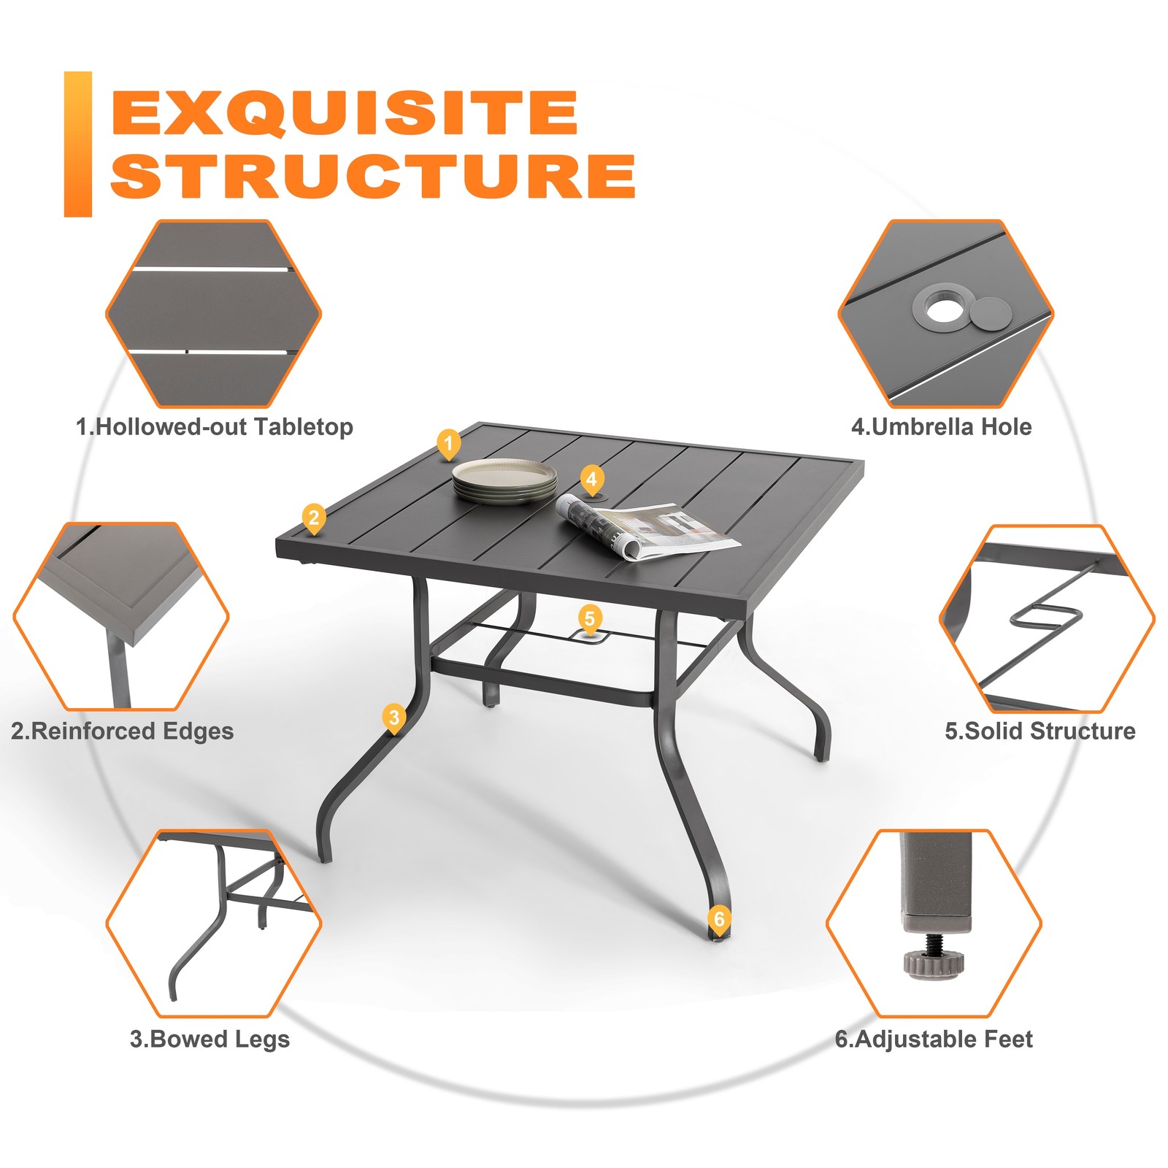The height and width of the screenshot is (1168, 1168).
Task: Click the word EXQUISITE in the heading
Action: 345,112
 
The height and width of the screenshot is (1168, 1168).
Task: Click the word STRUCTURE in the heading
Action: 373,176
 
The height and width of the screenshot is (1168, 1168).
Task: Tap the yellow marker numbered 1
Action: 448,444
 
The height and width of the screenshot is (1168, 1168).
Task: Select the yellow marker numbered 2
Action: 314,519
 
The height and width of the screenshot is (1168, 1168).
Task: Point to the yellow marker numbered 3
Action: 394,718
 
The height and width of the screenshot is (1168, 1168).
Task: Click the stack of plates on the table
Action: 504,482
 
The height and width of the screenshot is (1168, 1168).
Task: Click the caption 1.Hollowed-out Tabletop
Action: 215,427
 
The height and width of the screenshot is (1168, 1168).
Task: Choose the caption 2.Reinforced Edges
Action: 122,731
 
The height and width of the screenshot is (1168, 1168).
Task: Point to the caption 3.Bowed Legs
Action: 210,1039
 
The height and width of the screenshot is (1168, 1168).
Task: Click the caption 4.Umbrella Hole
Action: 942,427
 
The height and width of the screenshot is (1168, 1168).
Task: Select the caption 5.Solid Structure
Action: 1040,731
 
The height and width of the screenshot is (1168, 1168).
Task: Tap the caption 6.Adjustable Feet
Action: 934,1039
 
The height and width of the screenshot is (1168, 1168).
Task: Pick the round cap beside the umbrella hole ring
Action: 991,316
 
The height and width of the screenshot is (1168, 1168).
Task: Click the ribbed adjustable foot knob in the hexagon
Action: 934,963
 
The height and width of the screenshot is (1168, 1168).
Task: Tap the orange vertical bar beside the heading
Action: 78,145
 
